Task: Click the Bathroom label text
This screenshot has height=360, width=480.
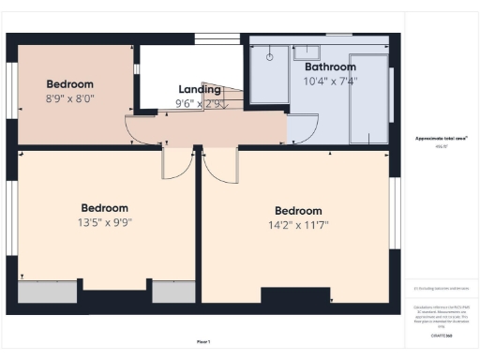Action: coord(330,67)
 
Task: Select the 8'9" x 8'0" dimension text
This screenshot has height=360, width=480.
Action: coord(70,97)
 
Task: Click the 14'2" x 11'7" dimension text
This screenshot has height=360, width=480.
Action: coord(298,225)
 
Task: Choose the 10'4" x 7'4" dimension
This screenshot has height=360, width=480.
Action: coord(330,82)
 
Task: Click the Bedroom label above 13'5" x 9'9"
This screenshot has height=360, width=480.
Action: coord(104,208)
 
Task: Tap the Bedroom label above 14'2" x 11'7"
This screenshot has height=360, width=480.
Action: coord(298,211)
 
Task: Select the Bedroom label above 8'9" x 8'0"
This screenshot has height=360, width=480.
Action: coord(70,83)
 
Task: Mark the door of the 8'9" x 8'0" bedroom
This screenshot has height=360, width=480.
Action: coord(142,131)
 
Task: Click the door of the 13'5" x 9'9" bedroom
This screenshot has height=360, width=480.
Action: coord(177,163)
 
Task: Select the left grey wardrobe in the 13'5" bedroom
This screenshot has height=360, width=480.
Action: coord(48,292)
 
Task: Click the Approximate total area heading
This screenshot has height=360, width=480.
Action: coord(441,139)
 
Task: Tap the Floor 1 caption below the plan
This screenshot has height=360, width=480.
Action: coord(203,341)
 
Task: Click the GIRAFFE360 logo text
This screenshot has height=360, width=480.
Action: coord(441,335)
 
